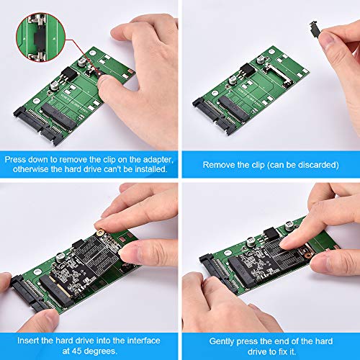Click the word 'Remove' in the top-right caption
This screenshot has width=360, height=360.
click(x=217, y=164)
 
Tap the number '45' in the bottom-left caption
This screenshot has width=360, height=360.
click(x=73, y=351)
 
